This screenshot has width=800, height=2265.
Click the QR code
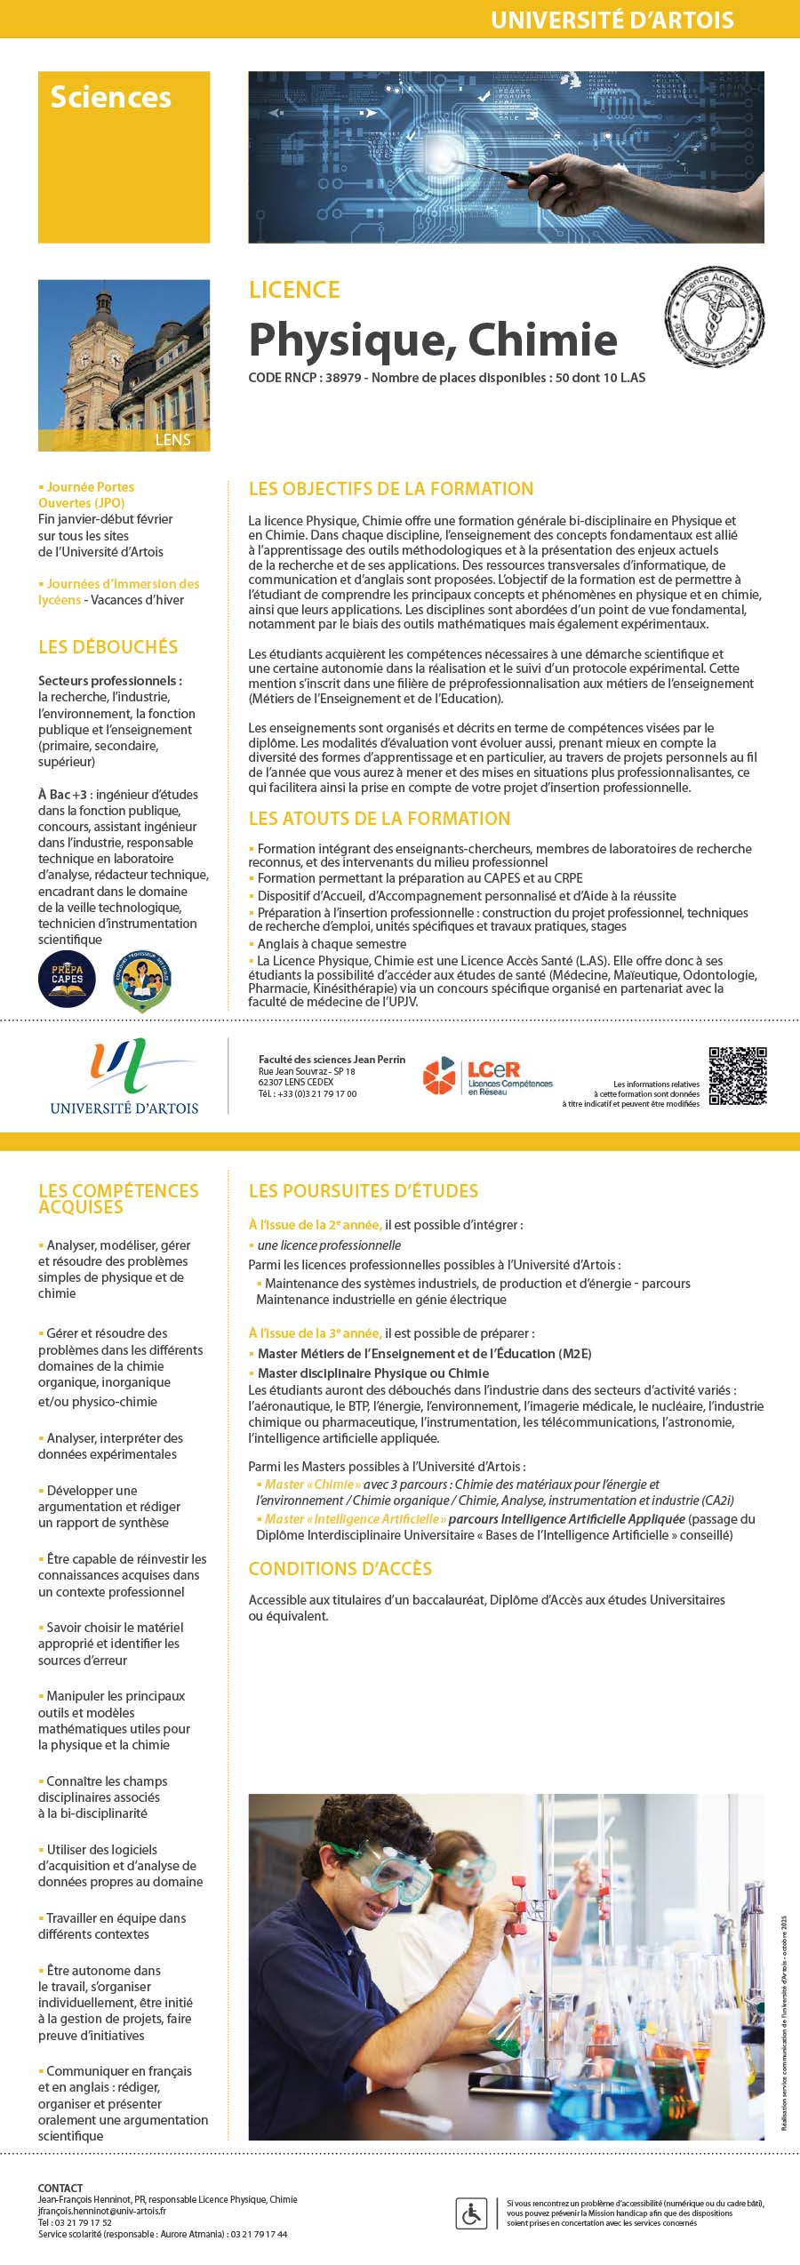[x=737, y=1076]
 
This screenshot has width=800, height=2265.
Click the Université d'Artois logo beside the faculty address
[x=124, y=1076]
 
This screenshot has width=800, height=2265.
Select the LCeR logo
[x=487, y=1076]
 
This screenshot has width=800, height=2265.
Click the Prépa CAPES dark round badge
[x=67, y=979]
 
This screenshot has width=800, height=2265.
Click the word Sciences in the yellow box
[x=110, y=97]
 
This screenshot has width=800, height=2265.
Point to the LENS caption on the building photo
[x=172, y=440]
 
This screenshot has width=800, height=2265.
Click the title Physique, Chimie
[x=433, y=340]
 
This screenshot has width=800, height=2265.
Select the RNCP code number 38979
[x=343, y=378]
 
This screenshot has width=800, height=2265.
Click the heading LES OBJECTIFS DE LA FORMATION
[x=391, y=488]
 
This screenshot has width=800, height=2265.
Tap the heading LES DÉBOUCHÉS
[x=108, y=647]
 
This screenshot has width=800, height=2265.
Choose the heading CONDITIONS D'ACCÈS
[x=340, y=1569]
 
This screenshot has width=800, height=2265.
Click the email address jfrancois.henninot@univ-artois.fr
[x=101, y=2211]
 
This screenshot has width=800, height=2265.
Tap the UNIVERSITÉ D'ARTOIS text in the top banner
[x=612, y=20]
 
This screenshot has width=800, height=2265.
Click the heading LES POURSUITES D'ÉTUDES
[x=363, y=1190]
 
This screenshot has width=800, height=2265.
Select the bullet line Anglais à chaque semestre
[x=332, y=944]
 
